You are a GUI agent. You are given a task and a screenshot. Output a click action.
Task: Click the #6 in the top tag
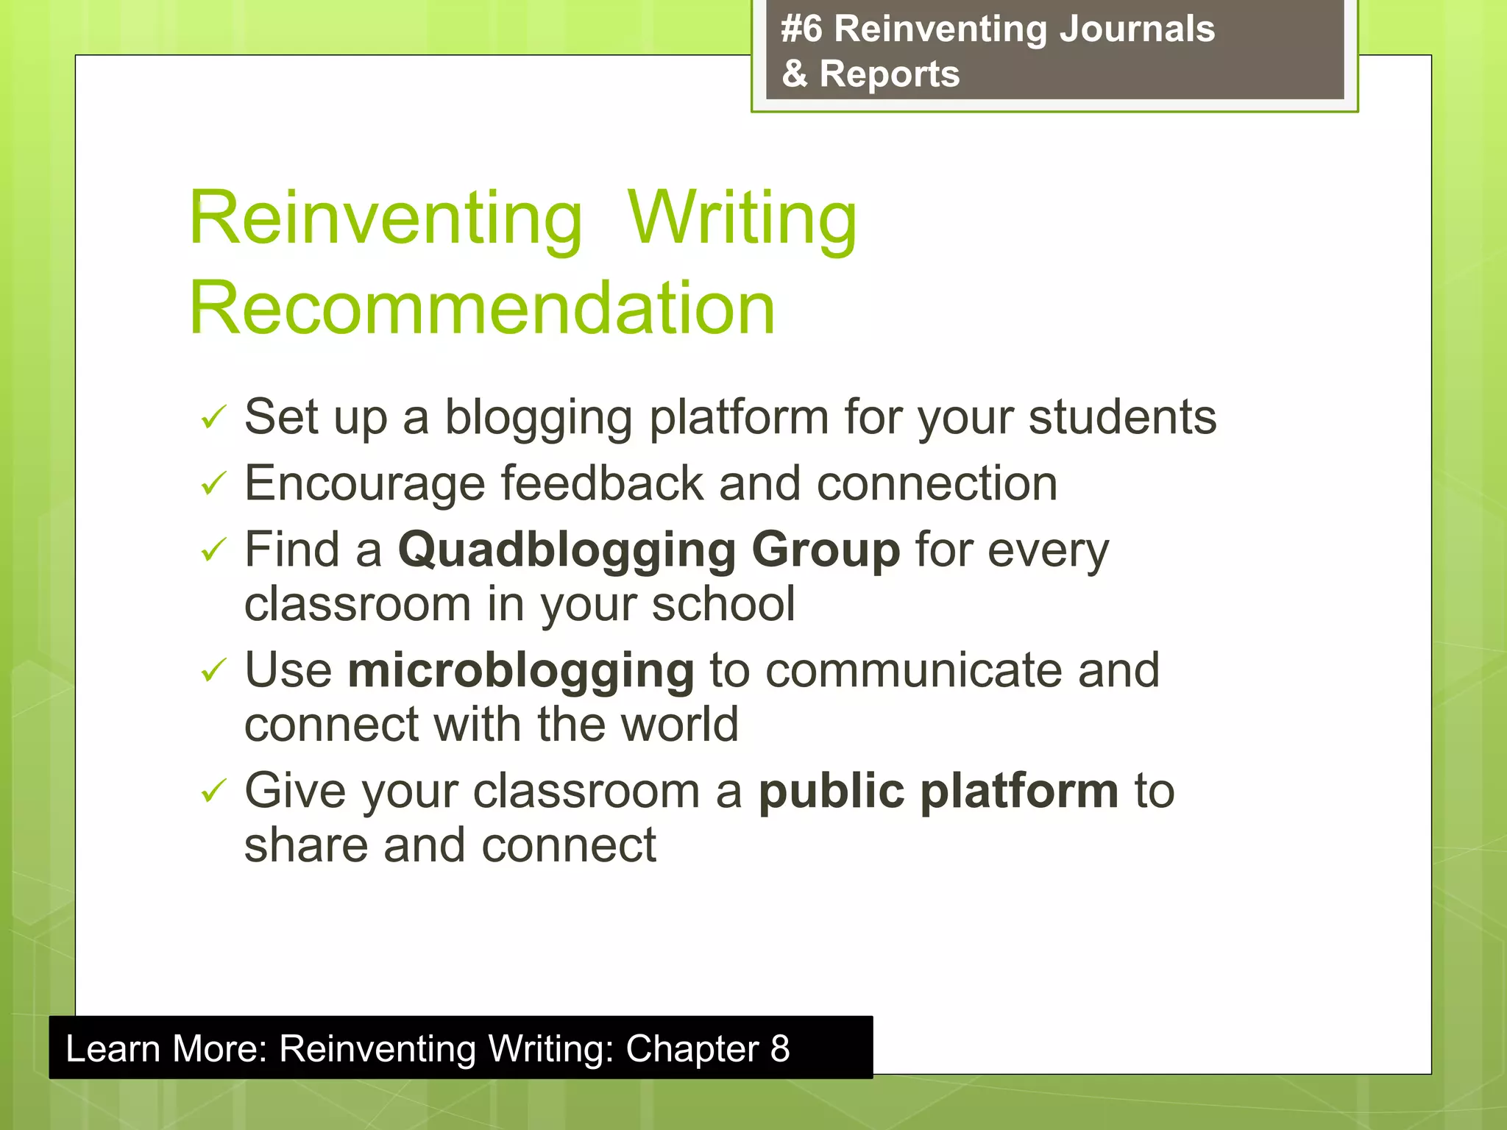[801, 29]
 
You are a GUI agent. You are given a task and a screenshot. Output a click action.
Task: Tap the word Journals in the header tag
[1136, 29]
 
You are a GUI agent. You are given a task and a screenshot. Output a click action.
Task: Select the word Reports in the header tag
[889, 74]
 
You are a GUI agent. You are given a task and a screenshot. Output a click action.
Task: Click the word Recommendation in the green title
[482, 308]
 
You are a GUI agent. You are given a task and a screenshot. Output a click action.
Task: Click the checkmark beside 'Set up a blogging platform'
[213, 417]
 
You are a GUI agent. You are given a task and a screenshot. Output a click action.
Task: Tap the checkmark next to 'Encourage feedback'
[213, 483]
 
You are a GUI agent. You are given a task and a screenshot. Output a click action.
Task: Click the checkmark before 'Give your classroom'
[213, 791]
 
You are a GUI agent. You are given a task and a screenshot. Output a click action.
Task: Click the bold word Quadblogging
[567, 550]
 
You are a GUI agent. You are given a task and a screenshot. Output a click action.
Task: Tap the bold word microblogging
[520, 670]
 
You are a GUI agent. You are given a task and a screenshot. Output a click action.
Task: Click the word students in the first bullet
[1122, 417]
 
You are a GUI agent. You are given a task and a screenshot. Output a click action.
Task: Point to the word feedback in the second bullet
[603, 483]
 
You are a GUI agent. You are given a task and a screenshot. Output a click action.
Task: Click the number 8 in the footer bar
[780, 1048]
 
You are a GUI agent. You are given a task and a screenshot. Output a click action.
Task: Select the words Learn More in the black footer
[166, 1048]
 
